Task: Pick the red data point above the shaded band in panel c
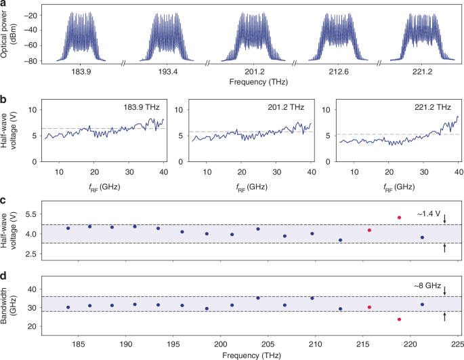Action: (x=400, y=218)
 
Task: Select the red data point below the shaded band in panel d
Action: (x=400, y=319)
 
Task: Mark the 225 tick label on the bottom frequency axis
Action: (x=458, y=344)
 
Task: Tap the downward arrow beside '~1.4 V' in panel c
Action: (x=444, y=218)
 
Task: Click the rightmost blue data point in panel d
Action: (x=422, y=304)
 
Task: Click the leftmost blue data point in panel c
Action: (x=68, y=228)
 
